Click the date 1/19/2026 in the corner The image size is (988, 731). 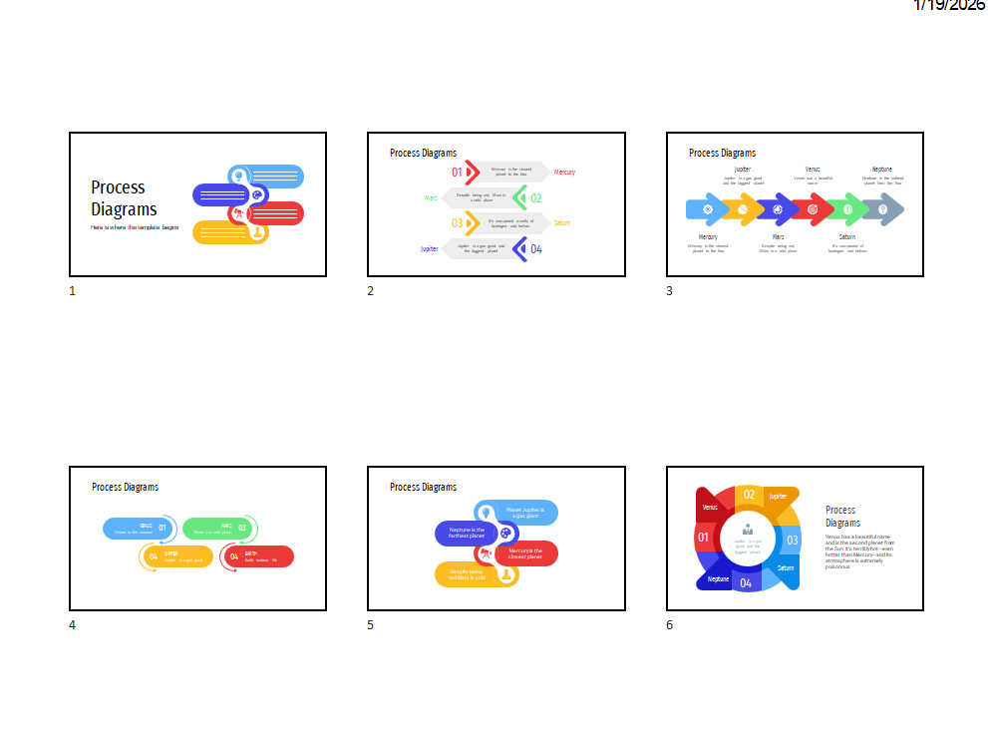tap(948, 6)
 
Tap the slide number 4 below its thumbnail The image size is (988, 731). tap(72, 625)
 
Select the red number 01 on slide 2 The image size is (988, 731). tap(458, 173)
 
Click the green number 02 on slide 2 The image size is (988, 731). tap(536, 198)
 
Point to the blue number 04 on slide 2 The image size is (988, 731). tap(536, 249)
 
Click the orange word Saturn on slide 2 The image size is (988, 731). tap(562, 223)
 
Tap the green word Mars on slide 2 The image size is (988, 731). tap(431, 198)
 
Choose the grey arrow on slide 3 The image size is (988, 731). tap(883, 209)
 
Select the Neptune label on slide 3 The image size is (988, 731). tap(882, 170)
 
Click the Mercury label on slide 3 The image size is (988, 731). tap(708, 237)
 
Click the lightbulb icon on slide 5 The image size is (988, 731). tap(486, 513)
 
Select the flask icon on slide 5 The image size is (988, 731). tap(506, 574)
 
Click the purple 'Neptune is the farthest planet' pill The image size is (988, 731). tap(465, 534)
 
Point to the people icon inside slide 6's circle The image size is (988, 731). tap(748, 531)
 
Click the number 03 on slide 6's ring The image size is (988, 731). tap(793, 541)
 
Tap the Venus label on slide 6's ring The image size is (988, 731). tap(710, 508)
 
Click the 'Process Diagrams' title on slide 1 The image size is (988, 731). tap(124, 198)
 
